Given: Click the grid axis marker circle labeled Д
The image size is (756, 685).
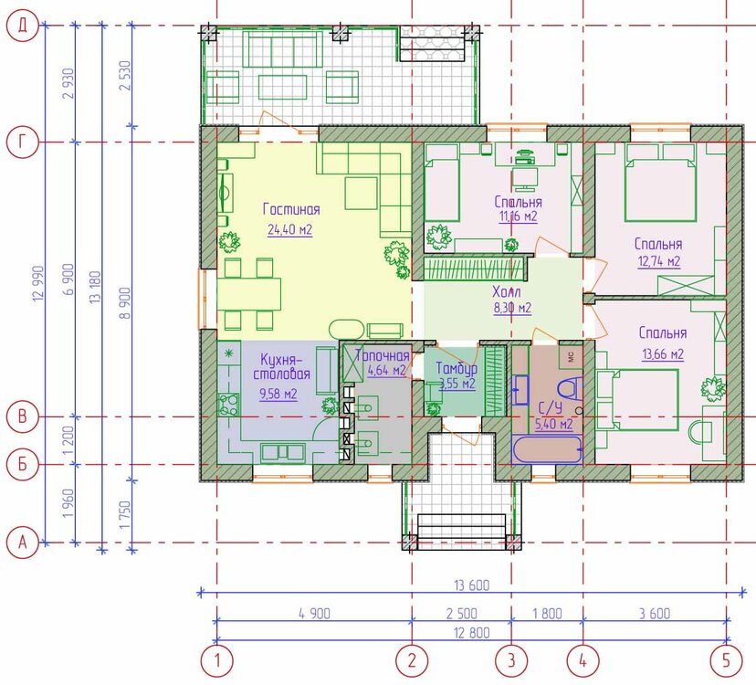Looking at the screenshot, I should point(22,27).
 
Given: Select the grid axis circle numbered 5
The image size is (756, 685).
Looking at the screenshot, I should point(727,659).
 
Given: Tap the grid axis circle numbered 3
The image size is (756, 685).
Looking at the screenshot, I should point(510,659).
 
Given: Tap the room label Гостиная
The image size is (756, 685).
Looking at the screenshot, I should point(290,210).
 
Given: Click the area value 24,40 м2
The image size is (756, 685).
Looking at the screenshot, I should point(290,230).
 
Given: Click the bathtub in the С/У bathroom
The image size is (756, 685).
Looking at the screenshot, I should point(547,450).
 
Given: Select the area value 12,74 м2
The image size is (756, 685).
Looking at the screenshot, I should point(659,261).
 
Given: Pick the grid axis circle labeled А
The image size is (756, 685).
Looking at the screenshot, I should point(22,543).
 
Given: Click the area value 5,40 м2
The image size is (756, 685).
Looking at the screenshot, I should point(553,424).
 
